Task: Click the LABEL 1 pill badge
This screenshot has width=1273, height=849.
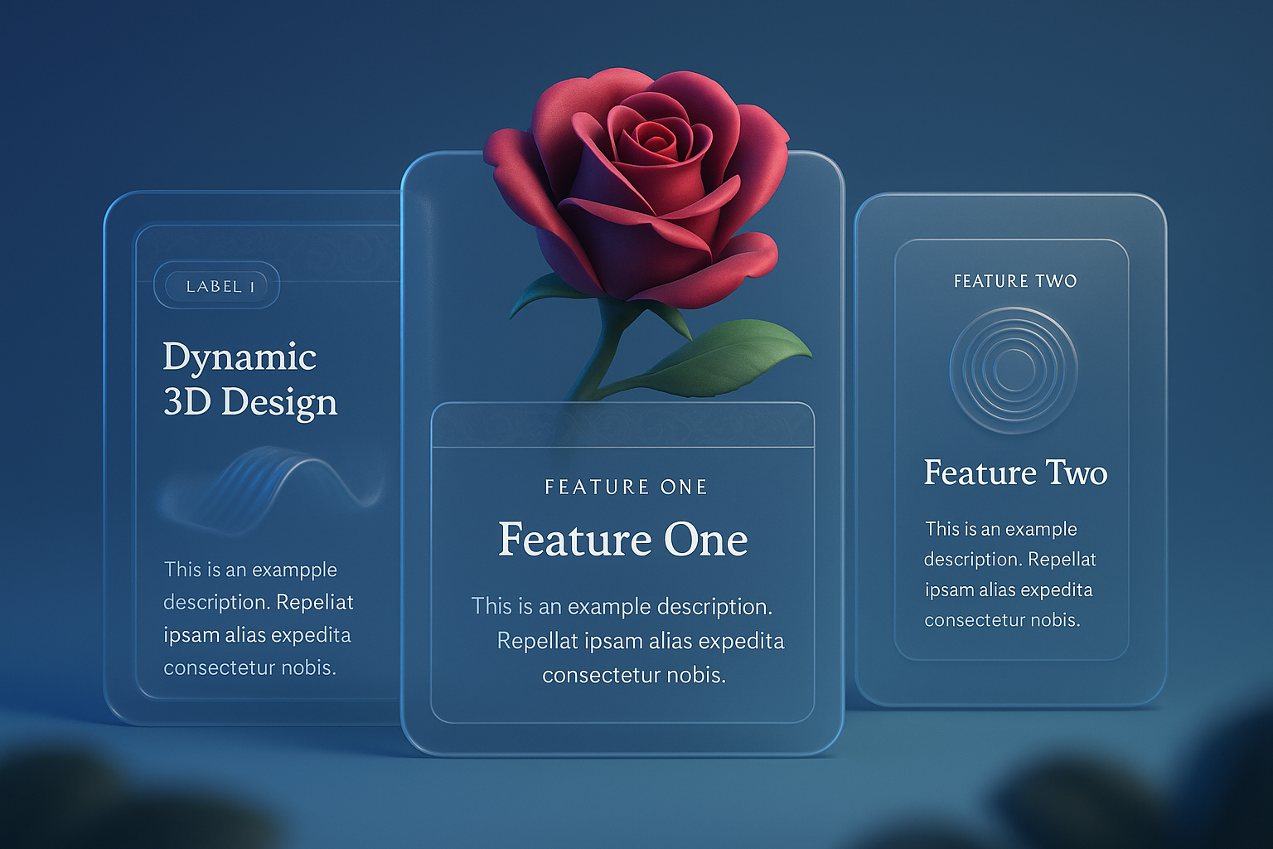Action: pyautogui.click(x=216, y=285)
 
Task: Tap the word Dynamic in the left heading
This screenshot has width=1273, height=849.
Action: pyautogui.click(x=240, y=358)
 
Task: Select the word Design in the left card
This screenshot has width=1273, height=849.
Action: pyautogui.click(x=279, y=403)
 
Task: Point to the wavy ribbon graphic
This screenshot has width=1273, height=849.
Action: pyautogui.click(x=272, y=490)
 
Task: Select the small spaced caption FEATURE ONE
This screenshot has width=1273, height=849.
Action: pyautogui.click(x=626, y=488)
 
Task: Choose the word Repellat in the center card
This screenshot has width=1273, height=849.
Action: pyautogui.click(x=537, y=642)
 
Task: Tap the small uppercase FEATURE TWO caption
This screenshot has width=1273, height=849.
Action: pyautogui.click(x=1015, y=282)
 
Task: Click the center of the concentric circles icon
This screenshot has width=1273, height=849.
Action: pyautogui.click(x=1014, y=370)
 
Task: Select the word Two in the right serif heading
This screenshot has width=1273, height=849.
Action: pyautogui.click(x=1077, y=473)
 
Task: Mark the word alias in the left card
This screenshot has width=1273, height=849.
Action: pyautogui.click(x=244, y=634)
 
